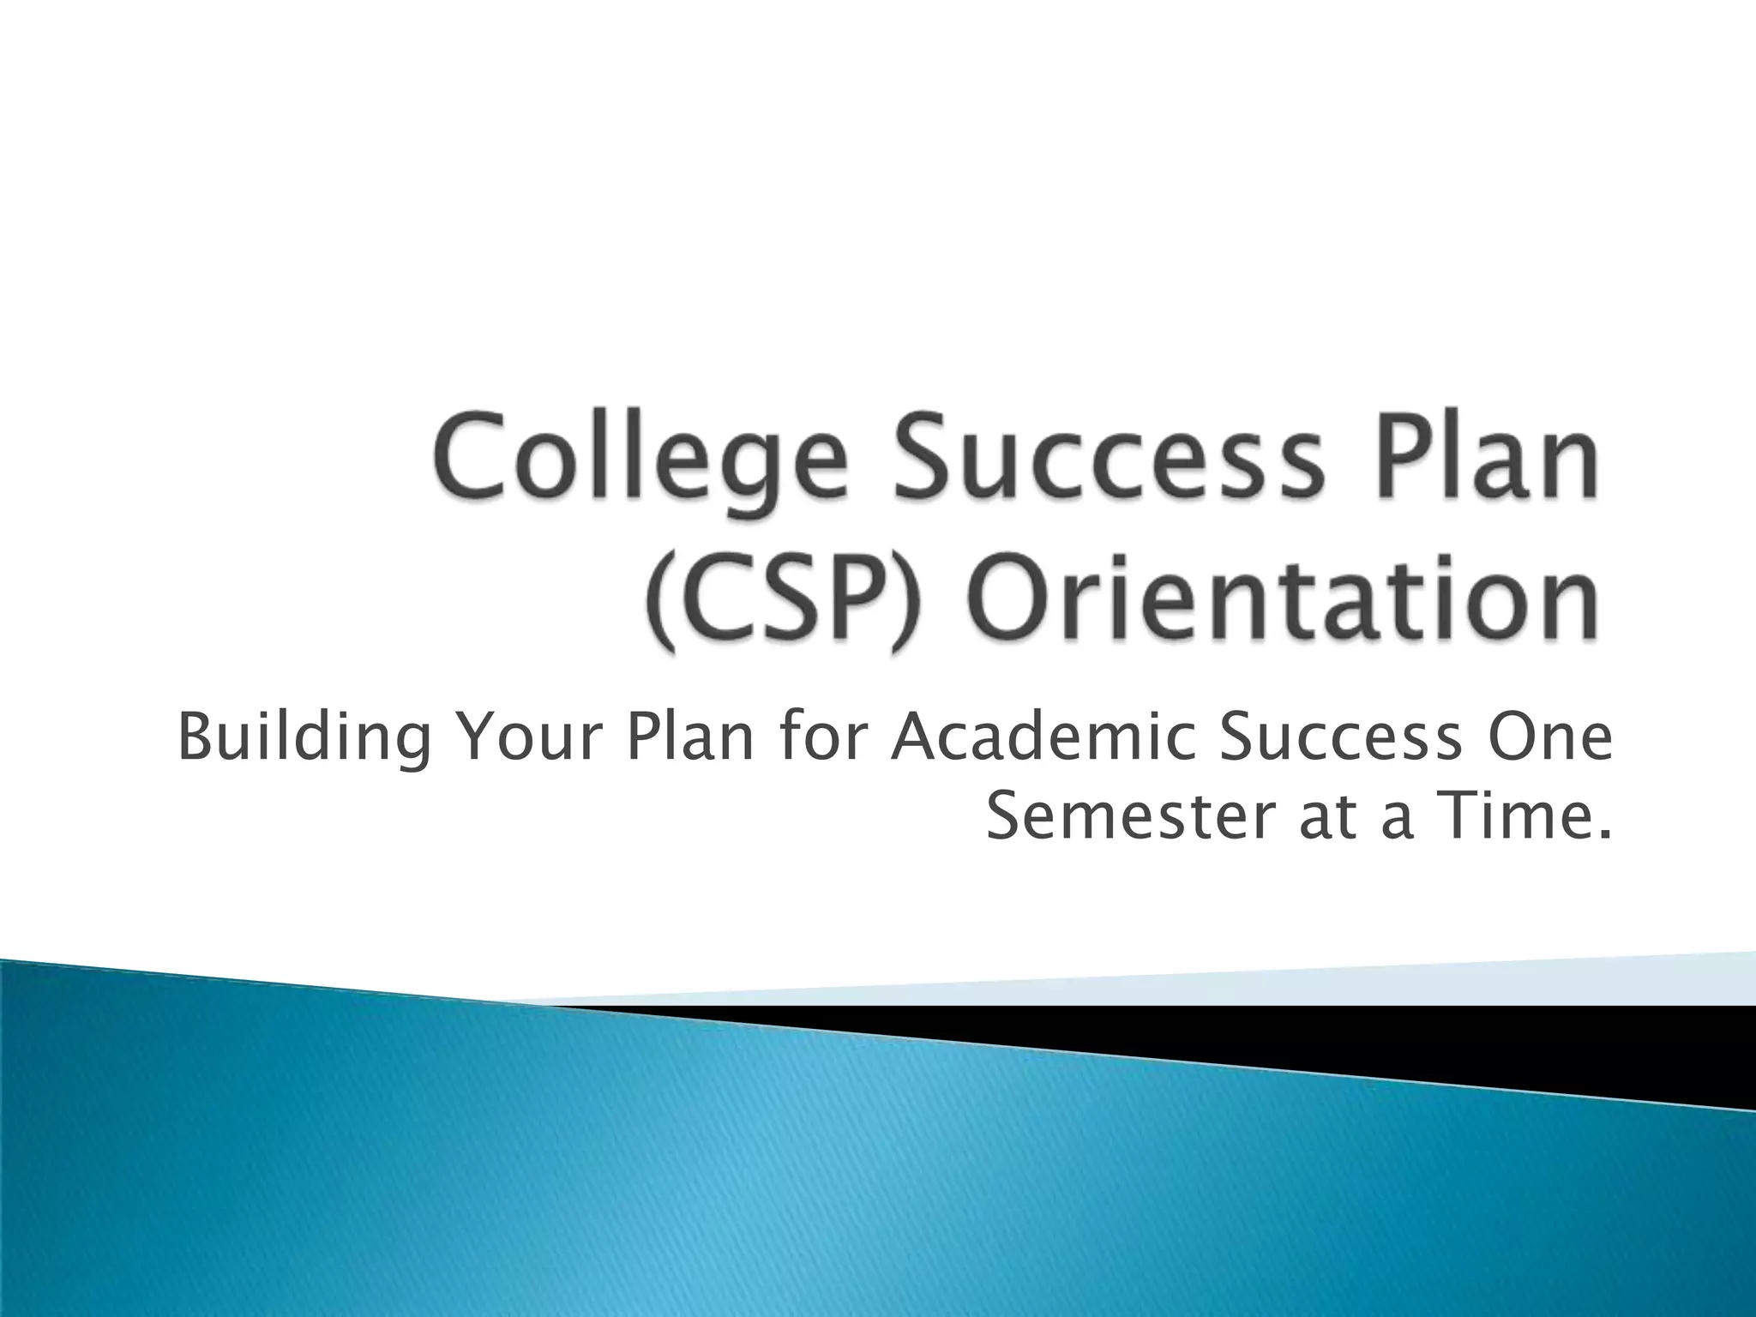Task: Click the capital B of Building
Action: click(x=195, y=736)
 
